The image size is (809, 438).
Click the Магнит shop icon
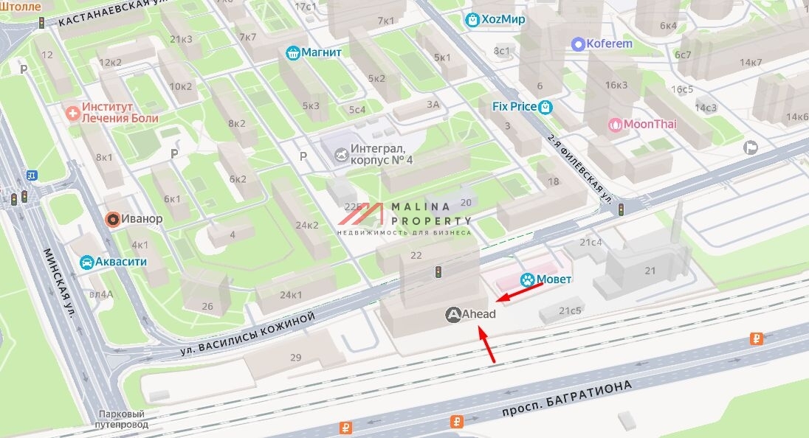(x=293, y=53)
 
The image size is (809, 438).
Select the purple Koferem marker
(x=578, y=44)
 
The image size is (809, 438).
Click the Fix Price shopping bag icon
(x=545, y=107)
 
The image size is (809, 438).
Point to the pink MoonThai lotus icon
(x=614, y=125)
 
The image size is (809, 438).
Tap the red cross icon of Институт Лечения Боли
(x=72, y=113)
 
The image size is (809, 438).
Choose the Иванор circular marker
(x=112, y=219)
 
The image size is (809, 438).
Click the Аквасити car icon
(x=86, y=262)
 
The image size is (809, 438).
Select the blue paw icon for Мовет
(x=526, y=279)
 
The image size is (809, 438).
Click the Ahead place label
(x=478, y=315)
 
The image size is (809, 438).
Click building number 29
(x=295, y=358)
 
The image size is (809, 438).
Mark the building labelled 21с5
(x=569, y=311)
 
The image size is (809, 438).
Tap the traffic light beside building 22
(x=438, y=272)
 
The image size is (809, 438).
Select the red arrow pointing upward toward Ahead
(x=487, y=345)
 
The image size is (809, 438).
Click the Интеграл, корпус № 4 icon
(x=341, y=154)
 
